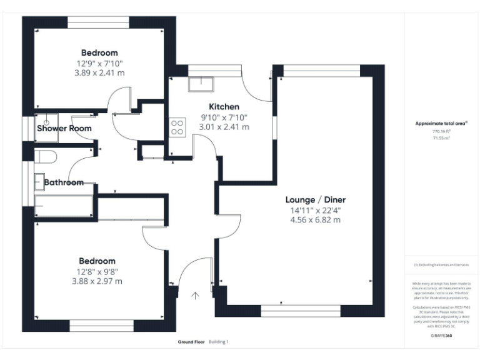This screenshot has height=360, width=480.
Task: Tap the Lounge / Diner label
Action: (316, 199)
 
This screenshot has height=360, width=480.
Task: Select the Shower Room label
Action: (64, 128)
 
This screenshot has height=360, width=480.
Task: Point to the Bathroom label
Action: (64, 182)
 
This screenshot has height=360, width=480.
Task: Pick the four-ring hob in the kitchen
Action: (177, 127)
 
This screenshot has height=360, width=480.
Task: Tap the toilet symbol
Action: (46, 156)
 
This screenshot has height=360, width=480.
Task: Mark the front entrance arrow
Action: (196, 295)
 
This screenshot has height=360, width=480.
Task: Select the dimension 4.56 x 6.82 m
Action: (316, 220)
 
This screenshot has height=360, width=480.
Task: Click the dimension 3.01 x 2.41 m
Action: (224, 126)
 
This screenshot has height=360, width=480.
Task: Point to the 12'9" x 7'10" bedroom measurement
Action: (99, 63)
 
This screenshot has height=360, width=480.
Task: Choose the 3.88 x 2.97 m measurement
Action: (97, 281)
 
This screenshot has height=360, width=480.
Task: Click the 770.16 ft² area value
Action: (441, 132)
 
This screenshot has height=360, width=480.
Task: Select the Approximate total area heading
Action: (441, 123)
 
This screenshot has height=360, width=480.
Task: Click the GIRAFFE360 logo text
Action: (441, 336)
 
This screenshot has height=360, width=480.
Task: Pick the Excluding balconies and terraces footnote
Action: (441, 265)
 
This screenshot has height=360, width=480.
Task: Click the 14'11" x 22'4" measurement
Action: (316, 210)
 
